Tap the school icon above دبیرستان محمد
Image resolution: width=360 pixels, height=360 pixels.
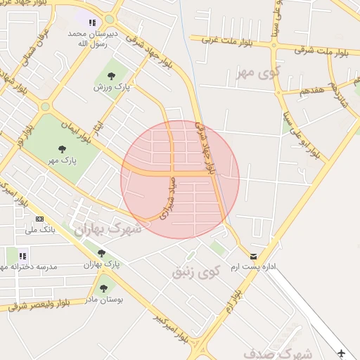tap(92, 22)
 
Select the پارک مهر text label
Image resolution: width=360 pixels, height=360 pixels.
tap(62, 160)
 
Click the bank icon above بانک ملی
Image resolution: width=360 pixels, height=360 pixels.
tap(39, 219)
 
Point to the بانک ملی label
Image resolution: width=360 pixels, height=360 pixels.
tap(40, 230)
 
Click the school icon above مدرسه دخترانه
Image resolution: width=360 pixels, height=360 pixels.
tap(22, 256)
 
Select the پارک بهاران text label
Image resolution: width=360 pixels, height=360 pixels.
tap(102, 264)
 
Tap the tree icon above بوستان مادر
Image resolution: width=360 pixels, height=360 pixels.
tap(104, 288)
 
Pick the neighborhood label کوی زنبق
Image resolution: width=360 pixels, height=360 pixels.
tap(197, 270)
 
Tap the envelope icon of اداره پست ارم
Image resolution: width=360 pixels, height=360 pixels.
tap(253, 257)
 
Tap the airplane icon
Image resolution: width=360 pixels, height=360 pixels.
tap(342, 352)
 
